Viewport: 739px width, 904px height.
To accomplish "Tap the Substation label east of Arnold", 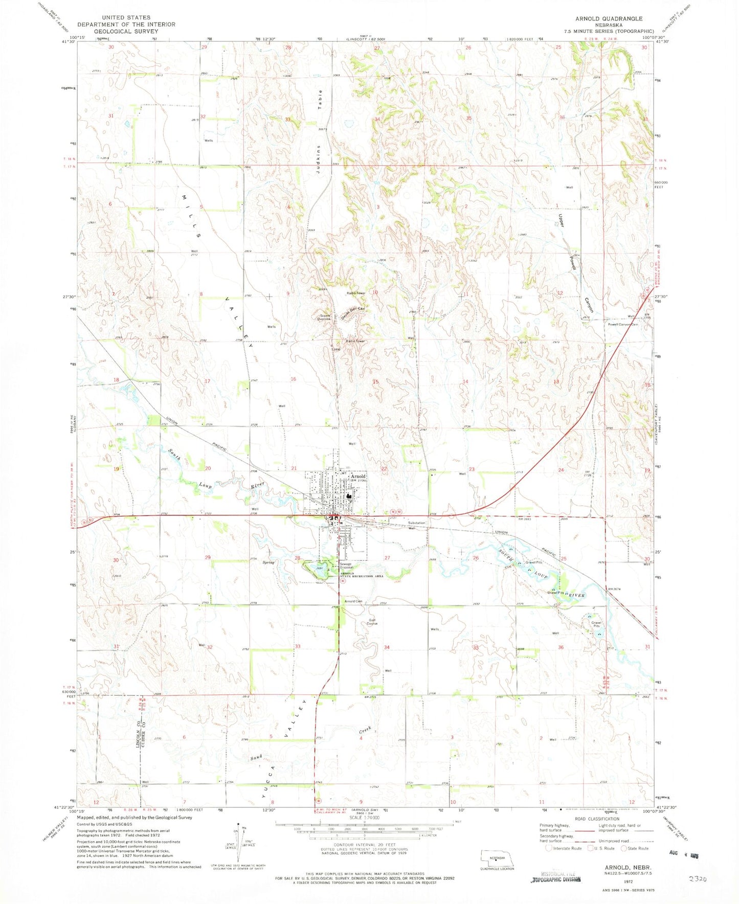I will pyautogui.click(x=416, y=523).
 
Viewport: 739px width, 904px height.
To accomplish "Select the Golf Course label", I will pyautogui.click(x=372, y=622).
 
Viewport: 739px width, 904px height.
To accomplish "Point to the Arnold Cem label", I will pyautogui.click(x=353, y=601).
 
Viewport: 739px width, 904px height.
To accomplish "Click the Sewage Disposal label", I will pyautogui.click(x=347, y=566).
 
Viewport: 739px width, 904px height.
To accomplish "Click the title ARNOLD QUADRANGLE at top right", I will pyautogui.click(x=609, y=18).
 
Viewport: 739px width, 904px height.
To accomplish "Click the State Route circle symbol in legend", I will pyautogui.click(x=623, y=848).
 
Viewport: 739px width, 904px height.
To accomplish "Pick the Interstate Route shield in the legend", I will pyautogui.click(x=548, y=848).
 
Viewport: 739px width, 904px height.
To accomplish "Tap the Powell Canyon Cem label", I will pyautogui.click(x=622, y=324).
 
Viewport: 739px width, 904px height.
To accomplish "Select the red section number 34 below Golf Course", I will pyautogui.click(x=387, y=647).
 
